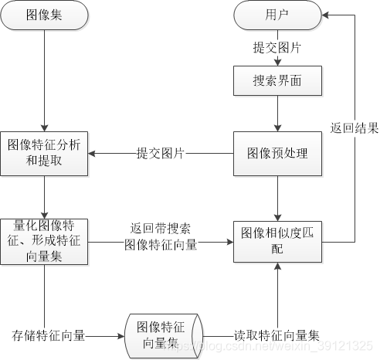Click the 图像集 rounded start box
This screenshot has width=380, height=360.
tap(46, 15)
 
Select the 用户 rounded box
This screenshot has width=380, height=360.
tap(277, 15)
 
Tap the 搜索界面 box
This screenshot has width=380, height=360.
tap(277, 80)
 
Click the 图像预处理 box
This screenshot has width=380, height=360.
tap(277, 153)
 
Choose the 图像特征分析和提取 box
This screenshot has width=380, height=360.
tap(46, 152)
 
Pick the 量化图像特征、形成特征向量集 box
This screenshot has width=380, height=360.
tap(46, 241)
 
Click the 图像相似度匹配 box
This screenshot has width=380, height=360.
tap(277, 240)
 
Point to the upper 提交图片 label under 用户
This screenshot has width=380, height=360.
tap(277, 48)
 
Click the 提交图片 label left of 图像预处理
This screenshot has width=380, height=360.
tap(161, 153)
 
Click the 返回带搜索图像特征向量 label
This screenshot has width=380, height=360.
tap(161, 238)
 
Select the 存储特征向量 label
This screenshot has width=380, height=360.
tap(49, 336)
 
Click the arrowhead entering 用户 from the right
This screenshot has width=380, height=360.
tap(327, 15)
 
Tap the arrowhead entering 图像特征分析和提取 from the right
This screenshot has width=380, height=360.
tap(96, 153)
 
